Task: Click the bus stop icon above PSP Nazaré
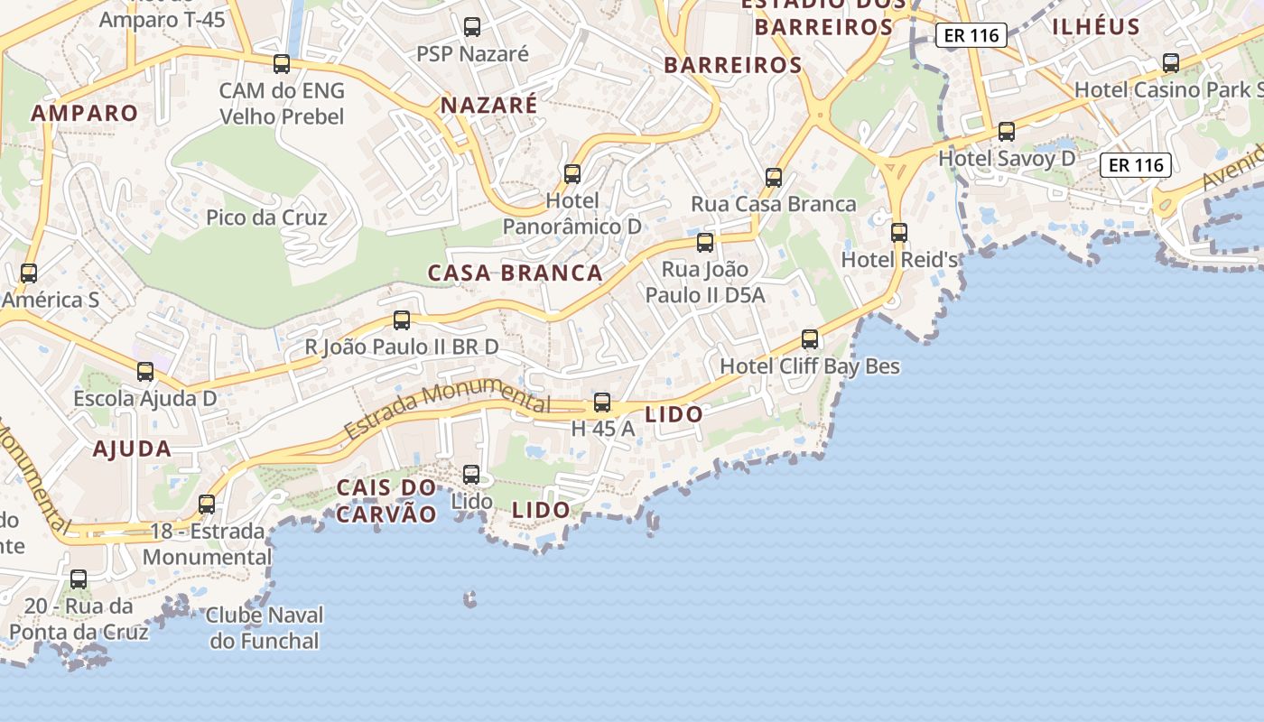[x=472, y=27]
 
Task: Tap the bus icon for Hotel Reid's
[x=899, y=233]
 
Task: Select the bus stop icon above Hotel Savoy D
[x=1007, y=132]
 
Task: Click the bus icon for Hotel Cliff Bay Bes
[x=810, y=339]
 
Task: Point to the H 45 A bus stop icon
[x=602, y=403]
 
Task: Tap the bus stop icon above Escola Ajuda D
[x=145, y=372]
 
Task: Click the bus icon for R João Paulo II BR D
[x=402, y=320]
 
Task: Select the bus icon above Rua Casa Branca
[x=774, y=177]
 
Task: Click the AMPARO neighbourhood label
[x=84, y=114]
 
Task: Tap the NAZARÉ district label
[x=488, y=106]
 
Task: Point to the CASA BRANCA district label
[x=515, y=273]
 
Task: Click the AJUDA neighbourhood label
[x=132, y=449]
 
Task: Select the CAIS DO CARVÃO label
[x=386, y=501]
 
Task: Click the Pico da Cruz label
[x=266, y=218]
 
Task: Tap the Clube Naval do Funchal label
[x=264, y=628]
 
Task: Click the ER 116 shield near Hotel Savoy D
[x=1136, y=165]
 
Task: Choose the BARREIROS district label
[x=732, y=65]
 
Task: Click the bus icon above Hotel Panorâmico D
[x=572, y=173]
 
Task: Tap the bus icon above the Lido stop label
[x=471, y=475]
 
